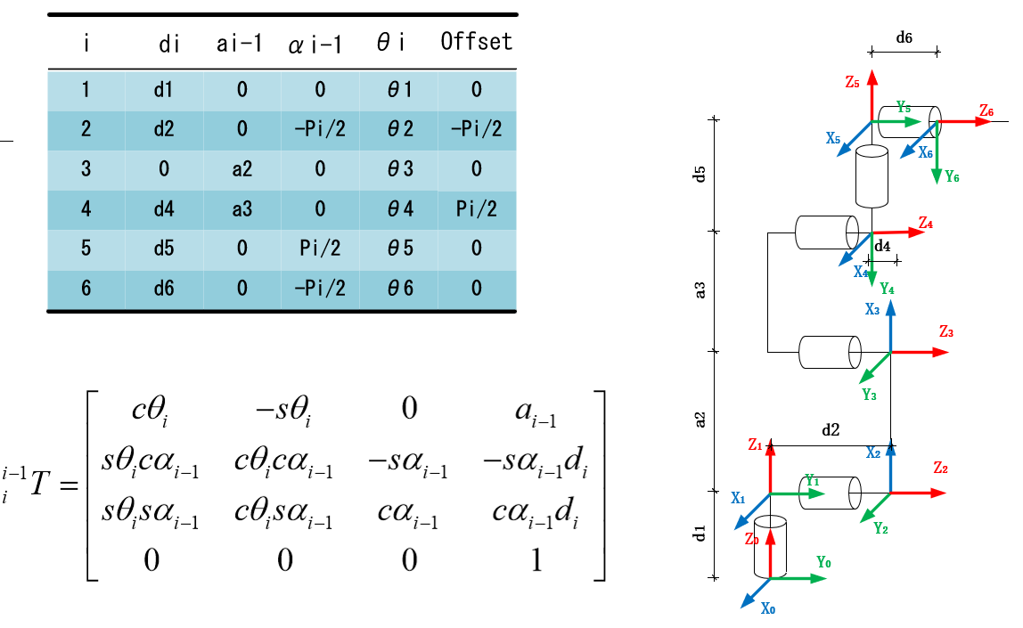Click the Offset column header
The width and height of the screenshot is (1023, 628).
click(x=477, y=42)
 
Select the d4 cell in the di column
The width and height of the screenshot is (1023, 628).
click(x=163, y=209)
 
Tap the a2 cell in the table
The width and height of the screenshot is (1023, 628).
click(x=241, y=169)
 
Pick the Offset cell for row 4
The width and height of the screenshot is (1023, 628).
click(x=477, y=209)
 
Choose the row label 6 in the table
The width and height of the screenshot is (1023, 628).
click(x=86, y=288)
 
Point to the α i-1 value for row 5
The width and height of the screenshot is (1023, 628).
click(x=320, y=249)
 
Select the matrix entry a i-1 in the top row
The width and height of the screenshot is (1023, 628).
click(x=535, y=410)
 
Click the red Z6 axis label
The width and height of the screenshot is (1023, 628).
click(x=986, y=110)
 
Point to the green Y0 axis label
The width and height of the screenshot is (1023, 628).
click(x=824, y=563)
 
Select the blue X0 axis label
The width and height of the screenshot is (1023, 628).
click(x=767, y=609)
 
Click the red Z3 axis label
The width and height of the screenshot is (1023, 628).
click(x=946, y=332)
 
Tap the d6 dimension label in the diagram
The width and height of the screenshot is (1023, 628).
click(x=904, y=38)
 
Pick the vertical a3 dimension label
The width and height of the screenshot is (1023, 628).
click(x=700, y=290)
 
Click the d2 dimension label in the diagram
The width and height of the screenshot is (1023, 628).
click(x=831, y=429)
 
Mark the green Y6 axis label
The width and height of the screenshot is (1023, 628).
click(x=952, y=176)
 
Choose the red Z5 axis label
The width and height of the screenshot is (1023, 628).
click(x=853, y=82)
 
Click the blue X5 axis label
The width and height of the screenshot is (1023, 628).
click(x=833, y=139)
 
